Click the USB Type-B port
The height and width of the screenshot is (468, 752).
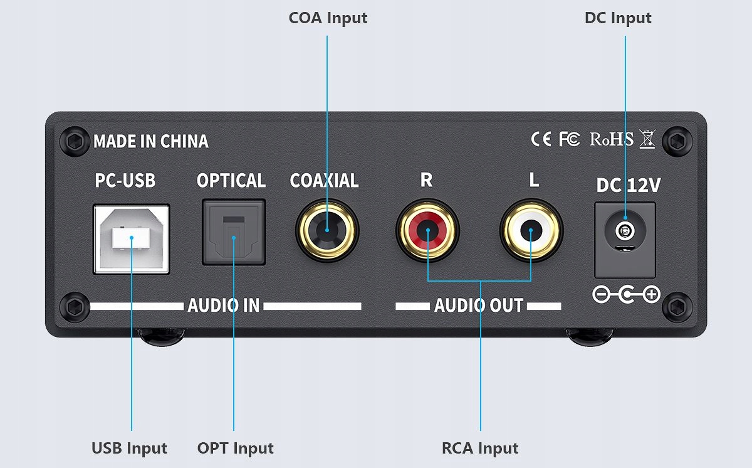[131, 238]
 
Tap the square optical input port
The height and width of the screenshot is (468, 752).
[233, 231]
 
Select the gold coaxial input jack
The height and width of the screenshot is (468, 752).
[326, 230]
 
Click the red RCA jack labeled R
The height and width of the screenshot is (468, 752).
[427, 230]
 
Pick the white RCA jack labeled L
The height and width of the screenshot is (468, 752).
[531, 230]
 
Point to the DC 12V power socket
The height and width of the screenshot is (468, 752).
[624, 239]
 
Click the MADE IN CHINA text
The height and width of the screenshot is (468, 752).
[150, 141]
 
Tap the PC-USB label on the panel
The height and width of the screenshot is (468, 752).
[125, 181]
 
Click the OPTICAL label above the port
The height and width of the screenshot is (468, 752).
[231, 181]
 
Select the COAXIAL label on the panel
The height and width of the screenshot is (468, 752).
[324, 181]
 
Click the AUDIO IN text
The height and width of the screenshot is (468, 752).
[223, 306]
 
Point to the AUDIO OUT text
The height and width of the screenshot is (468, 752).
[478, 306]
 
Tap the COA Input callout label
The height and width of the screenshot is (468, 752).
[328, 18]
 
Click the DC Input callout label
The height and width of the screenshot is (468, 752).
[618, 18]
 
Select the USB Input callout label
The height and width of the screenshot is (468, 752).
[129, 449]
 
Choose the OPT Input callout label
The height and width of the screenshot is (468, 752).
[235, 449]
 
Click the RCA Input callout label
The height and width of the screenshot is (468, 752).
[480, 449]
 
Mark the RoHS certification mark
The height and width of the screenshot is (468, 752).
[612, 139]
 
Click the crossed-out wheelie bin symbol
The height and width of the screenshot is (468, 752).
[647, 139]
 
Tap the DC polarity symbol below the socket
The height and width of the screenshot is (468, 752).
[625, 294]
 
